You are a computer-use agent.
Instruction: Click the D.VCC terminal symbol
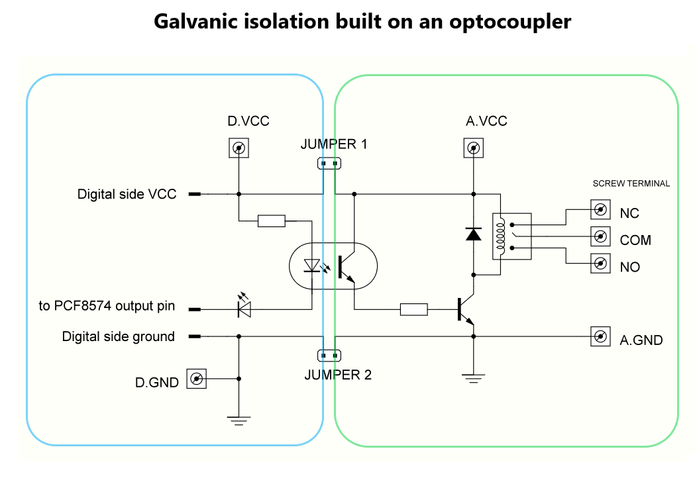[238, 148]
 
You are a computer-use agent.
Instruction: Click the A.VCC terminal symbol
[472, 148]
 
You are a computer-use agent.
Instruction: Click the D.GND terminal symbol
[196, 379]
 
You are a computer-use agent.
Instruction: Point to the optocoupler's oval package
[333, 266]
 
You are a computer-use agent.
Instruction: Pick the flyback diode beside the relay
[473, 233]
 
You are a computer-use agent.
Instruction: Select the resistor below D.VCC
[271, 221]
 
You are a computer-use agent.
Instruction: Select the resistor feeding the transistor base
[414, 309]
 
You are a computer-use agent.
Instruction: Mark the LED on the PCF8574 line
[244, 308]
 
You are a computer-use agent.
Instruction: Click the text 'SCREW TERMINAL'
[631, 183]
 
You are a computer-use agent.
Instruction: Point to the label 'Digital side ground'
[119, 336]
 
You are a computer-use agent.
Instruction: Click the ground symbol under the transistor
[473, 377]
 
